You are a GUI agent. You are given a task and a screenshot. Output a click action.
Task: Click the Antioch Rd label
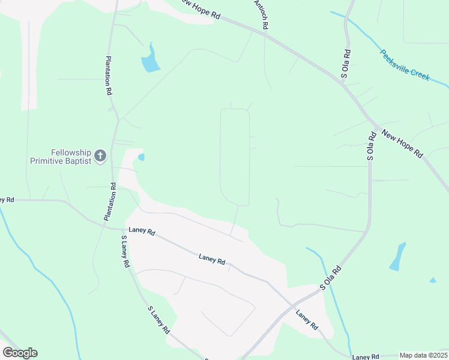262,15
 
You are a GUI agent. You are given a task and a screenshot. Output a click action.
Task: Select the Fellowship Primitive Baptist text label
61,157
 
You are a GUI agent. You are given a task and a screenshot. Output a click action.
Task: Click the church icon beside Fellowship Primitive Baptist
100,157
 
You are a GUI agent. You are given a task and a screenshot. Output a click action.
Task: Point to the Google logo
20,352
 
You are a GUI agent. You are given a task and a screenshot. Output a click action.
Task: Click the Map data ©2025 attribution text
423,355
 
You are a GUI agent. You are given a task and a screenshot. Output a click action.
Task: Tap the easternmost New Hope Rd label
402,145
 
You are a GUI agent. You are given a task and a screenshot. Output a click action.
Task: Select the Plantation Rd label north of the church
109,76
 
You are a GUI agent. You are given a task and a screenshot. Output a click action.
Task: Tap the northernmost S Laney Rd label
125,251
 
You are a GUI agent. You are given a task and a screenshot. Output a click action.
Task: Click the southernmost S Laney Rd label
159,320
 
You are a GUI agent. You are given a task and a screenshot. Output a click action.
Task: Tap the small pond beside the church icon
141,157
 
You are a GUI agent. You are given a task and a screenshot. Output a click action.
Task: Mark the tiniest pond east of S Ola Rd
433,280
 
